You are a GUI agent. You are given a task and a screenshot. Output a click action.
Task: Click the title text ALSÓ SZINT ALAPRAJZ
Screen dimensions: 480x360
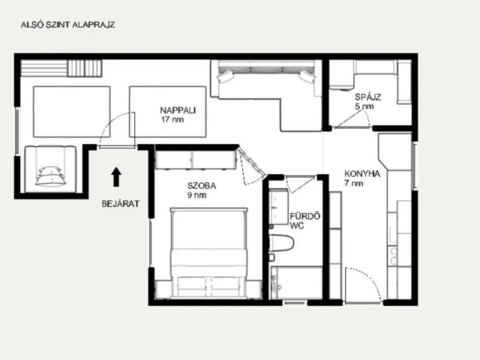click(68, 25)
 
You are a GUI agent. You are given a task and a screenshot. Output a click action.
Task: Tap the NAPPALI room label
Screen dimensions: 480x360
click(178, 110)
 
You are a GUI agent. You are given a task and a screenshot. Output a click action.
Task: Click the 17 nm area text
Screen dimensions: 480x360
click(172, 119)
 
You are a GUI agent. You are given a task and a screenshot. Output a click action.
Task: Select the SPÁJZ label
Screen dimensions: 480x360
click(368, 97)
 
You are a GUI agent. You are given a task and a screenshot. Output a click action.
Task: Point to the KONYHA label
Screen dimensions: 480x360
click(362, 174)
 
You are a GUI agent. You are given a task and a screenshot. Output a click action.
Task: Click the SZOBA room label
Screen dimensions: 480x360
click(202, 186)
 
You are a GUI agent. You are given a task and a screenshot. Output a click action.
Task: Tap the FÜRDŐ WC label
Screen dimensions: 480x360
click(305, 220)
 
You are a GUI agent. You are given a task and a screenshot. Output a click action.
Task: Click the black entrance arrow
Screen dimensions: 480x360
click(116, 177)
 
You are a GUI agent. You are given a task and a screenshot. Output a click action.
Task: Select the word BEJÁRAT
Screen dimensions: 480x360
click(121, 204)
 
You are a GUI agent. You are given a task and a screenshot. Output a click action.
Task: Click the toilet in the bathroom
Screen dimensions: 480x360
click(281, 243)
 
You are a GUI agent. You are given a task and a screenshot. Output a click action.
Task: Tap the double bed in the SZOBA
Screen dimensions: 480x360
click(208, 253)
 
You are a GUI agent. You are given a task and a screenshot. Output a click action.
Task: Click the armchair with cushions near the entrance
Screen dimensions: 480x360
click(50, 169)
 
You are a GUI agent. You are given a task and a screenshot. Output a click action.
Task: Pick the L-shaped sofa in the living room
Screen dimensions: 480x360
click(266, 95)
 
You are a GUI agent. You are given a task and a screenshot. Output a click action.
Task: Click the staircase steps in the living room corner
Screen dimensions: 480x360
click(61, 68)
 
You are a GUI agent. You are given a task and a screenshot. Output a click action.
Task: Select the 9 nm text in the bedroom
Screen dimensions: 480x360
click(196, 195)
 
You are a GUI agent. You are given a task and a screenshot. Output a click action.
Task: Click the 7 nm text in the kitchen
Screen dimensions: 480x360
click(354, 183)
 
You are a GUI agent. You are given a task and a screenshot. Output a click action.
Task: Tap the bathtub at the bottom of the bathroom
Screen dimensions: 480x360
click(297, 283)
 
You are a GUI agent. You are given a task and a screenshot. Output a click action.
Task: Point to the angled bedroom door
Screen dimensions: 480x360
click(251, 162)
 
